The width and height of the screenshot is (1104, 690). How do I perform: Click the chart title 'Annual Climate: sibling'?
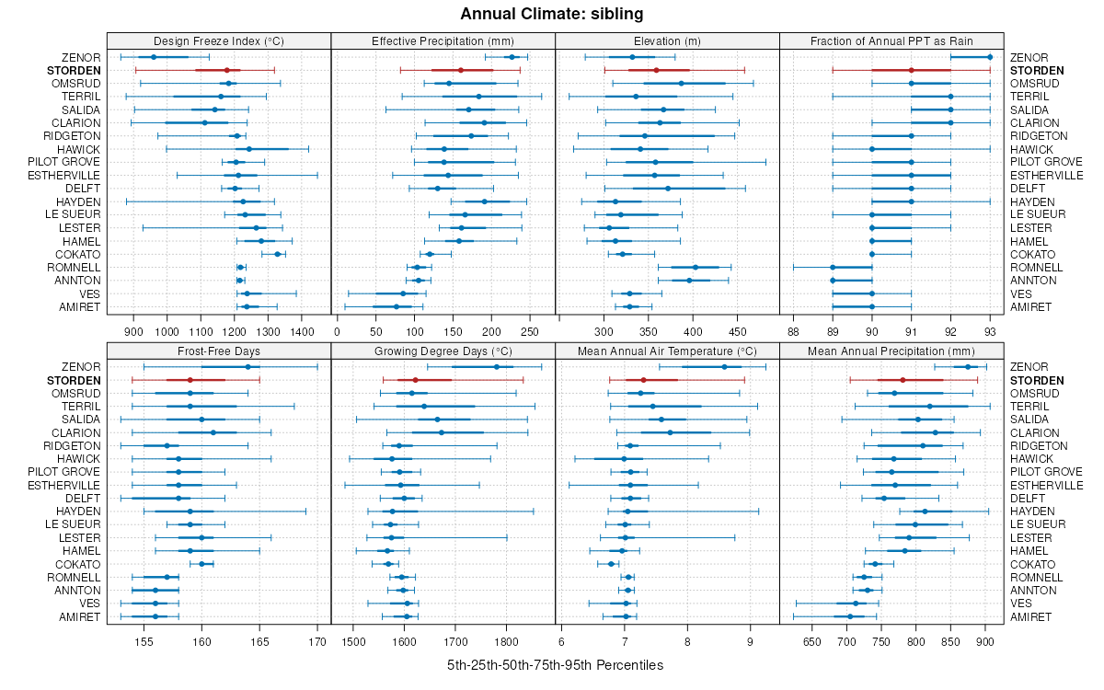coord(552,14)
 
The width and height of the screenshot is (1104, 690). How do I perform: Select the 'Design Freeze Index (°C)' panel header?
coord(219,40)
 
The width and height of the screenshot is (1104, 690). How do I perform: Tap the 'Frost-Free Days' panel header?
coord(219,351)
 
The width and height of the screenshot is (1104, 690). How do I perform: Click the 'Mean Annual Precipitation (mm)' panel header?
coord(891,351)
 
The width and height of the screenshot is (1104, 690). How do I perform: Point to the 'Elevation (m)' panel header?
coord(667,40)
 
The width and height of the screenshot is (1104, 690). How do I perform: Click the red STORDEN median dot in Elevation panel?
coord(656,70)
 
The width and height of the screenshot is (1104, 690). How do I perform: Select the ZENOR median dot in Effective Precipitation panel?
coord(512,57)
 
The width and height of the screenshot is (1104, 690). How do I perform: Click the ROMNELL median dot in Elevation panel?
coord(696,267)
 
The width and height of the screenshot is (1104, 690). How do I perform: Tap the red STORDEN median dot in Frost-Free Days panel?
coord(190,380)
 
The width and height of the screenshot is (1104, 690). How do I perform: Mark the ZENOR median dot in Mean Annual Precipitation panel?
coord(968,367)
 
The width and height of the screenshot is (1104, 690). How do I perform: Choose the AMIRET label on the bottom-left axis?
coord(79,616)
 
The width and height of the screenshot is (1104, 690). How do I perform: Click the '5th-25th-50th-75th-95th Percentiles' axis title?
coord(555,664)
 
